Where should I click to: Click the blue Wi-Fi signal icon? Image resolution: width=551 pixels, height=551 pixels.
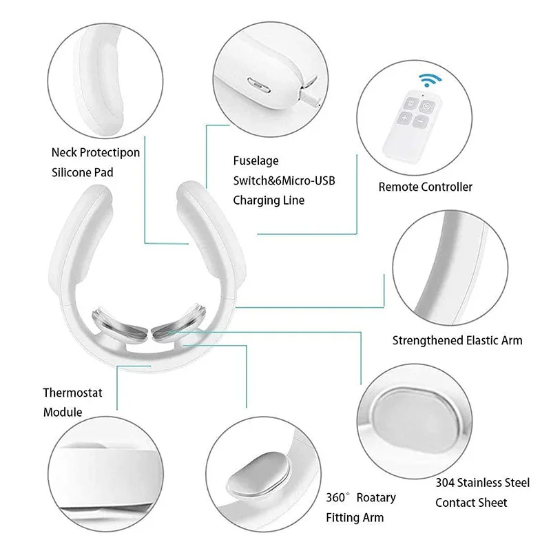(420, 81)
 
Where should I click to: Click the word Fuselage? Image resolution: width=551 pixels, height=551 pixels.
(256, 160)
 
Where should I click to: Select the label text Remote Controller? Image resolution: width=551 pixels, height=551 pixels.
(426, 187)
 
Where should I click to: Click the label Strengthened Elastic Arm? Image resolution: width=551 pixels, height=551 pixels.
(457, 340)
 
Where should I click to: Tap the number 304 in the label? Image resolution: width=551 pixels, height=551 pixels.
(445, 484)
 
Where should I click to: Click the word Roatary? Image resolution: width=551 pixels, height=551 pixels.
(373, 497)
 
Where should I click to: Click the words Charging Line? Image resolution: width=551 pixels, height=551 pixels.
(269, 200)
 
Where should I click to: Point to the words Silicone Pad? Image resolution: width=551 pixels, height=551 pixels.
(82, 172)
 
